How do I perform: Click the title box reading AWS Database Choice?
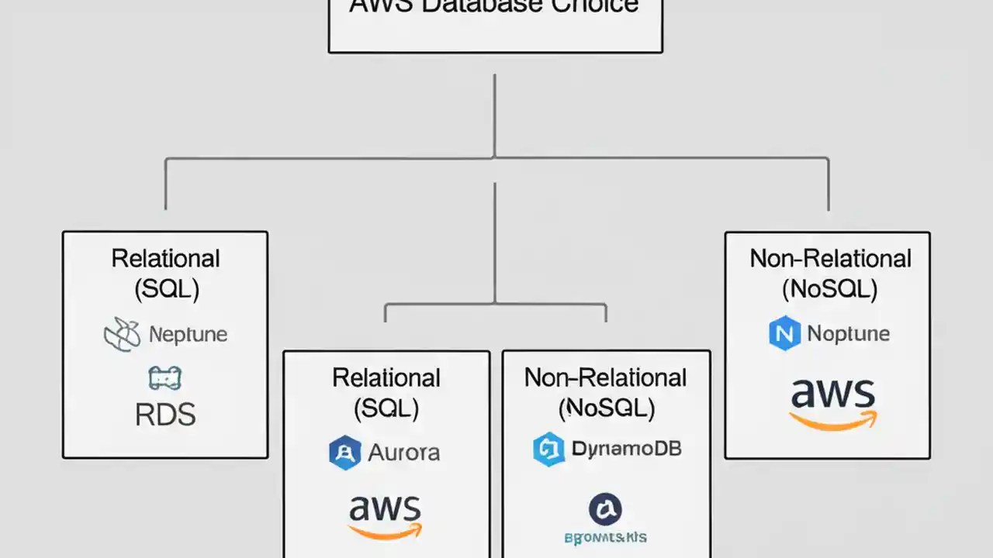(495, 23)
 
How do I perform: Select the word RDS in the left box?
(165, 415)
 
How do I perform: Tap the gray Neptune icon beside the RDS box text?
(123, 335)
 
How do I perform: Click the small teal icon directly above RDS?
(164, 378)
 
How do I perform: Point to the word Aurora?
(403, 453)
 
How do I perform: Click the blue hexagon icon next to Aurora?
(344, 453)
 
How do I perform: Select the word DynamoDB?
(626, 449)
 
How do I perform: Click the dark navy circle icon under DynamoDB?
(605, 509)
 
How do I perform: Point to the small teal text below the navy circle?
(605, 537)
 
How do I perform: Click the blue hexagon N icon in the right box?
(784, 333)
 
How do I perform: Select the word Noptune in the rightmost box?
(848, 333)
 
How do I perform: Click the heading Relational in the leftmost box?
(165, 258)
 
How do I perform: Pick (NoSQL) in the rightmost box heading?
(829, 289)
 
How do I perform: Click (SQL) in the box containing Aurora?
(386, 408)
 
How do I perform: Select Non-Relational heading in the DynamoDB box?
(605, 377)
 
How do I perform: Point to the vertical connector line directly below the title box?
(494, 116)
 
